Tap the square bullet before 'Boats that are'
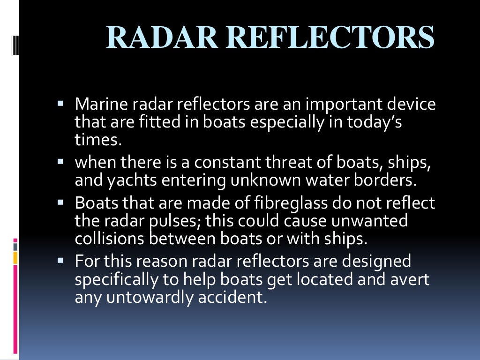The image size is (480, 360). [60, 201]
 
